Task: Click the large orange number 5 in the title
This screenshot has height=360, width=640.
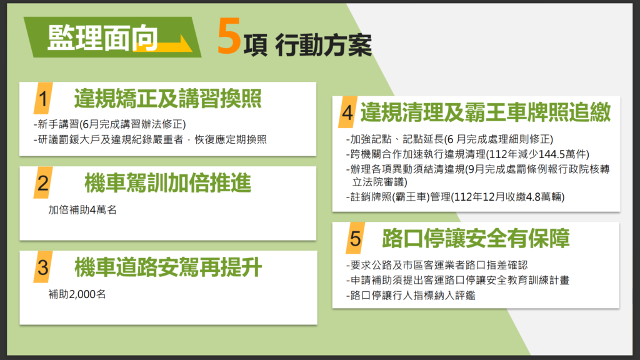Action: pos(229,37)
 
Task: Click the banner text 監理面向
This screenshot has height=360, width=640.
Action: pos(103,38)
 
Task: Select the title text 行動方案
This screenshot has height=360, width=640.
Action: pos(324,45)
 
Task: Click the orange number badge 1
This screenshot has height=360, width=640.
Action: pos(43,98)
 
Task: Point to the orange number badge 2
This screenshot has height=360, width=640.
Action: pos(43,183)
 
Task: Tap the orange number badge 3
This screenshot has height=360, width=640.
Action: pos(43,267)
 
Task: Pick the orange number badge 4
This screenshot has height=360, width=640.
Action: pos(347,112)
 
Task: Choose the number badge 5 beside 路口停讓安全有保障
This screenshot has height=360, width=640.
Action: pos(356,238)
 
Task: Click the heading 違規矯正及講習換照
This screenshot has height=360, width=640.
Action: pos(167,99)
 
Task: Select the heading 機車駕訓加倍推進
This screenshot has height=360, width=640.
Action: pos(167,183)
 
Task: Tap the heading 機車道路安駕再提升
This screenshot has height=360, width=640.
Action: pos(167,267)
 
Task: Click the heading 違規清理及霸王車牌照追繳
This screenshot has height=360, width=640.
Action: pos(485,112)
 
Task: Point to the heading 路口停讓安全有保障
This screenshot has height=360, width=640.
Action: pos(476,238)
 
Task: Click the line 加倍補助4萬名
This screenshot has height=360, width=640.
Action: pos(82,210)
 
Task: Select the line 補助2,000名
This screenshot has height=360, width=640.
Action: pos(77,294)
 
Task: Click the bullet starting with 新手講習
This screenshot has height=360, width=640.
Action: pos(110,124)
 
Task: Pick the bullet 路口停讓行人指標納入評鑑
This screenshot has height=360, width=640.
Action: pos(411,295)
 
